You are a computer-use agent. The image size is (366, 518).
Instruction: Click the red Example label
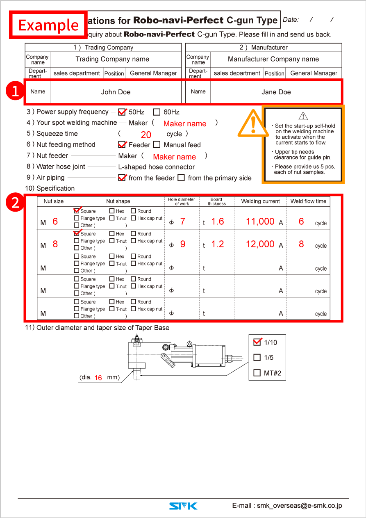click(x=48, y=25)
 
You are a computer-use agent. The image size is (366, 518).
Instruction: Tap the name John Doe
click(x=116, y=92)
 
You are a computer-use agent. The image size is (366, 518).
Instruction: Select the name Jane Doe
click(x=276, y=92)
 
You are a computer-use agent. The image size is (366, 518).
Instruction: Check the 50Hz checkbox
click(x=122, y=112)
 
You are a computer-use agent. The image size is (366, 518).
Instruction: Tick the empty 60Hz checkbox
click(x=157, y=112)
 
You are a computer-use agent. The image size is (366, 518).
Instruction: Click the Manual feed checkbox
click(x=157, y=145)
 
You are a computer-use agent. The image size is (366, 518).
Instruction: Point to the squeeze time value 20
click(x=146, y=135)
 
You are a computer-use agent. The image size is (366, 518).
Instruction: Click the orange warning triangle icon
click(x=253, y=123)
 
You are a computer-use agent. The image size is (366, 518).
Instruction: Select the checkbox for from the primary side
click(x=181, y=178)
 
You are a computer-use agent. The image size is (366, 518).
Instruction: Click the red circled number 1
click(x=15, y=91)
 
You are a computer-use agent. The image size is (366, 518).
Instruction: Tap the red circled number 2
click(x=15, y=203)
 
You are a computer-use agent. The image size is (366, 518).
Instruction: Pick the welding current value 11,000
click(x=260, y=221)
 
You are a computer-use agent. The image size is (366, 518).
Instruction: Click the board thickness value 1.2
click(x=218, y=244)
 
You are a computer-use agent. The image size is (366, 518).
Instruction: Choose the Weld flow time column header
click(x=308, y=201)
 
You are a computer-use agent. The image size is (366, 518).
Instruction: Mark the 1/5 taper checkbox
click(x=257, y=357)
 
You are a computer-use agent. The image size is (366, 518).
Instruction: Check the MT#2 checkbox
click(x=257, y=373)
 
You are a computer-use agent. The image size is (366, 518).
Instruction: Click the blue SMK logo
click(x=183, y=506)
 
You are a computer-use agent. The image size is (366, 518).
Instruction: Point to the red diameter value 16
click(x=98, y=378)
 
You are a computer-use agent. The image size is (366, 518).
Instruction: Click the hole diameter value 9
click(x=183, y=244)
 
